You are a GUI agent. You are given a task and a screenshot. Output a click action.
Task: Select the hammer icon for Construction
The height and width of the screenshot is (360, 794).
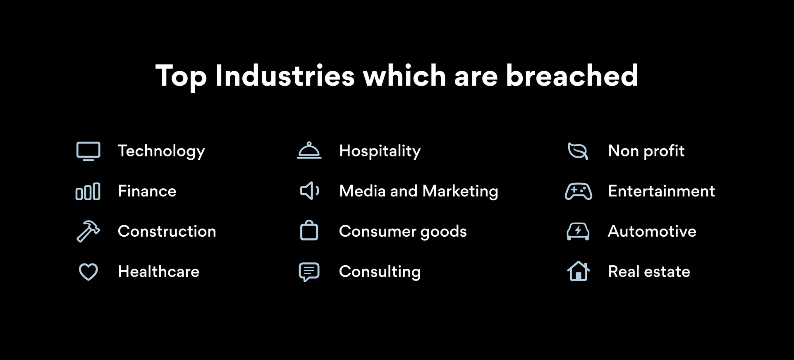[88, 231]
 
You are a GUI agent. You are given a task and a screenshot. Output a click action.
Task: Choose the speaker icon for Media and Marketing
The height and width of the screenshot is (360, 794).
[306, 191]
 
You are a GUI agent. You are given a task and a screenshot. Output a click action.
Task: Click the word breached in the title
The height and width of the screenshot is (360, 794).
[572, 76]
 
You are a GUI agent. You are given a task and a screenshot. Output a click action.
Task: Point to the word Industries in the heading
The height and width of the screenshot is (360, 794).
[285, 76]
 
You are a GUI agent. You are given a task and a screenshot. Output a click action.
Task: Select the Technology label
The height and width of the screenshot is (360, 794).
[161, 151]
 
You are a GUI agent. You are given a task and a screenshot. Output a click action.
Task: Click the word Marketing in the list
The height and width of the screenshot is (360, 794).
[460, 192]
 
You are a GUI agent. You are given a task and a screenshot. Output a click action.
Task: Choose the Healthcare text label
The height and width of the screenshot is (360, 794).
[159, 271]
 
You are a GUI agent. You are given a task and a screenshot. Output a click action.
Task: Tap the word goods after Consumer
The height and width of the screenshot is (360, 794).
[443, 232]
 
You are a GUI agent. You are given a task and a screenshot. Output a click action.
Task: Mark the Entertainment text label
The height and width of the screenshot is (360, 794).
[661, 191]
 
